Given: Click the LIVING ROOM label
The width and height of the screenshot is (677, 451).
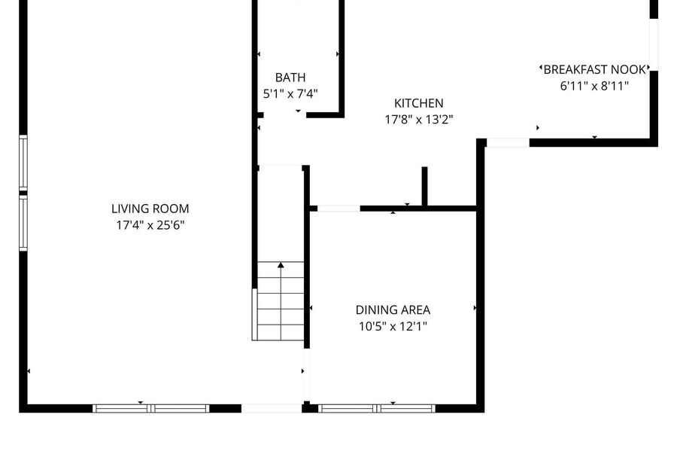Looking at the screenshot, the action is click(x=150, y=209).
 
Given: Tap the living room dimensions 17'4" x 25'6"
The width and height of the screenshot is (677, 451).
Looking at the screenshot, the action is click(x=150, y=225).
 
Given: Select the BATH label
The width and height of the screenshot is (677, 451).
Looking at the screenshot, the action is click(x=290, y=78).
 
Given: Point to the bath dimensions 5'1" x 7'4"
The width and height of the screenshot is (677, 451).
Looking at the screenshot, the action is click(x=290, y=94).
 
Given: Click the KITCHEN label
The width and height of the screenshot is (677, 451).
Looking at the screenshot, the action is click(x=419, y=103).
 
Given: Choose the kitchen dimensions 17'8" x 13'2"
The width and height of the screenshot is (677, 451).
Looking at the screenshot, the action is click(x=419, y=119).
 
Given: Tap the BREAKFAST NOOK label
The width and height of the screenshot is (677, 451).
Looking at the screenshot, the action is click(x=594, y=69).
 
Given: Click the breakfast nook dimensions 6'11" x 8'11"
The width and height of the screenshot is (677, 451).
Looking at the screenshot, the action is click(x=594, y=86).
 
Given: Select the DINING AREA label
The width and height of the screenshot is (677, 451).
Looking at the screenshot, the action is click(x=393, y=310).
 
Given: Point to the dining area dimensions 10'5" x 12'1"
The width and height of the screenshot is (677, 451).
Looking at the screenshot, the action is click(x=393, y=326).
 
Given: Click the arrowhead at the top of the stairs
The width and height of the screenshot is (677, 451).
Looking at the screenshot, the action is click(x=281, y=265).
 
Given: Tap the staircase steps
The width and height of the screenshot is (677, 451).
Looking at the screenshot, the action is click(x=281, y=301).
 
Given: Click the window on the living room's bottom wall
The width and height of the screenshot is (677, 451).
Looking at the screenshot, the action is click(x=151, y=408).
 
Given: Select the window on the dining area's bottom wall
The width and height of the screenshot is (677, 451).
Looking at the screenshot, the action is click(x=377, y=408).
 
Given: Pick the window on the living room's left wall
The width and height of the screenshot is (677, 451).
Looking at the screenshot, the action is click(x=23, y=193).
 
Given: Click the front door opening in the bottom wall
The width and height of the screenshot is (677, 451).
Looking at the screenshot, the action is click(x=271, y=408).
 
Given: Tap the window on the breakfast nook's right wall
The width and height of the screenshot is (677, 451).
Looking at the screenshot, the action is click(x=654, y=45).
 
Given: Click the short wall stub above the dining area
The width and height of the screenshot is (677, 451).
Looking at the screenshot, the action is click(x=424, y=186).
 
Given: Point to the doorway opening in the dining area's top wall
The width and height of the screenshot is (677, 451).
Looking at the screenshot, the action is click(x=339, y=209).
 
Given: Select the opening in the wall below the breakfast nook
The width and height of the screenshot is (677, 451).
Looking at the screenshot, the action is click(x=509, y=143).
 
